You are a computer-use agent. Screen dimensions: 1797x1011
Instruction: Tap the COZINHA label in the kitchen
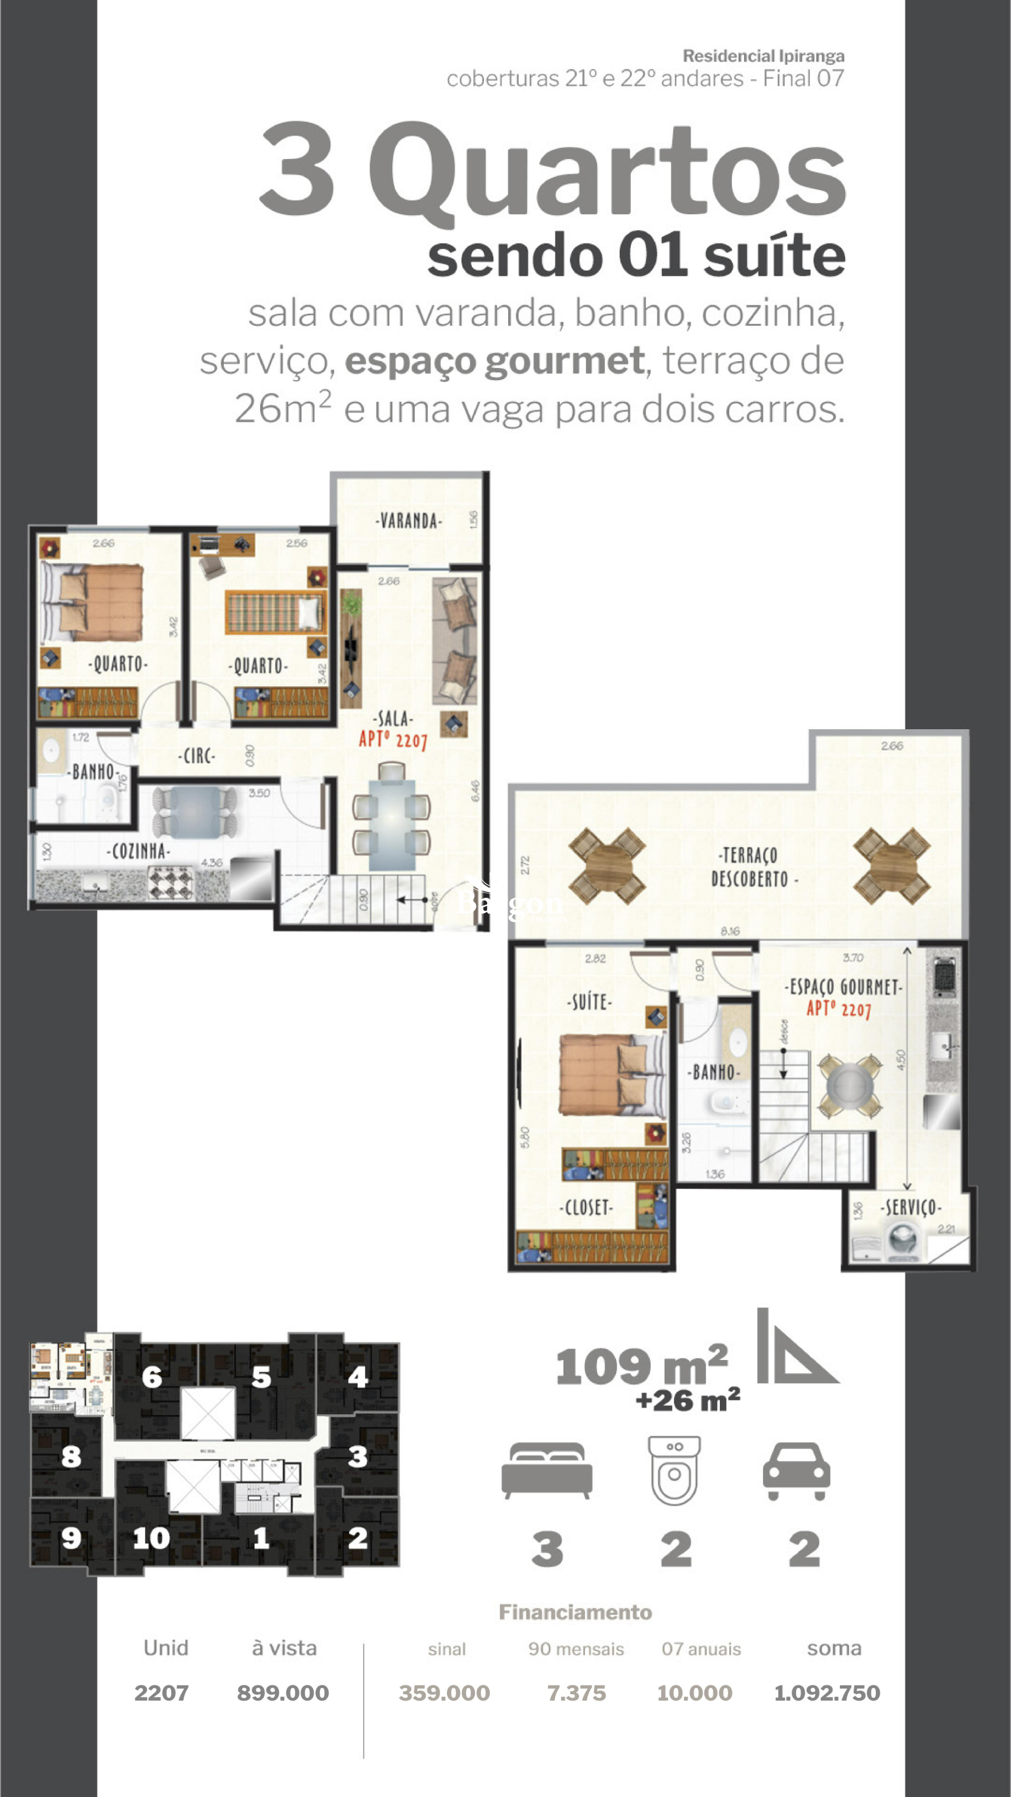[138, 851]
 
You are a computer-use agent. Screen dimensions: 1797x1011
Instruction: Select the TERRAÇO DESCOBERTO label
[750, 867]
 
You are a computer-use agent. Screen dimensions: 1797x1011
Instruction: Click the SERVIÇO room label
[910, 1207]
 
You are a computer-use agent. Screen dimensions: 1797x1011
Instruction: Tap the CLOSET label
[587, 1207]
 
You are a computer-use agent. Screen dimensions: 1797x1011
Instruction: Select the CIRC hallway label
[197, 756]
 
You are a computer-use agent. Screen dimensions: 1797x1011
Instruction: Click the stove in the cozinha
[170, 882]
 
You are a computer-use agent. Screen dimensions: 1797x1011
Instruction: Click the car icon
[796, 1471]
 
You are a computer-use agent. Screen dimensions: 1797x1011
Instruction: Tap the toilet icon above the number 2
[674, 1470]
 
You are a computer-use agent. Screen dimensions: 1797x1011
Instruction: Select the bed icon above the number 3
[547, 1470]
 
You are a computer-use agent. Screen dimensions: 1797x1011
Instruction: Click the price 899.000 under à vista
[283, 1693]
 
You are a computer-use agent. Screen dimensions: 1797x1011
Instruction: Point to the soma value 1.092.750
[827, 1693]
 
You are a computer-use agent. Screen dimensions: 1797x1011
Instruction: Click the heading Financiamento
[575, 1612]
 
